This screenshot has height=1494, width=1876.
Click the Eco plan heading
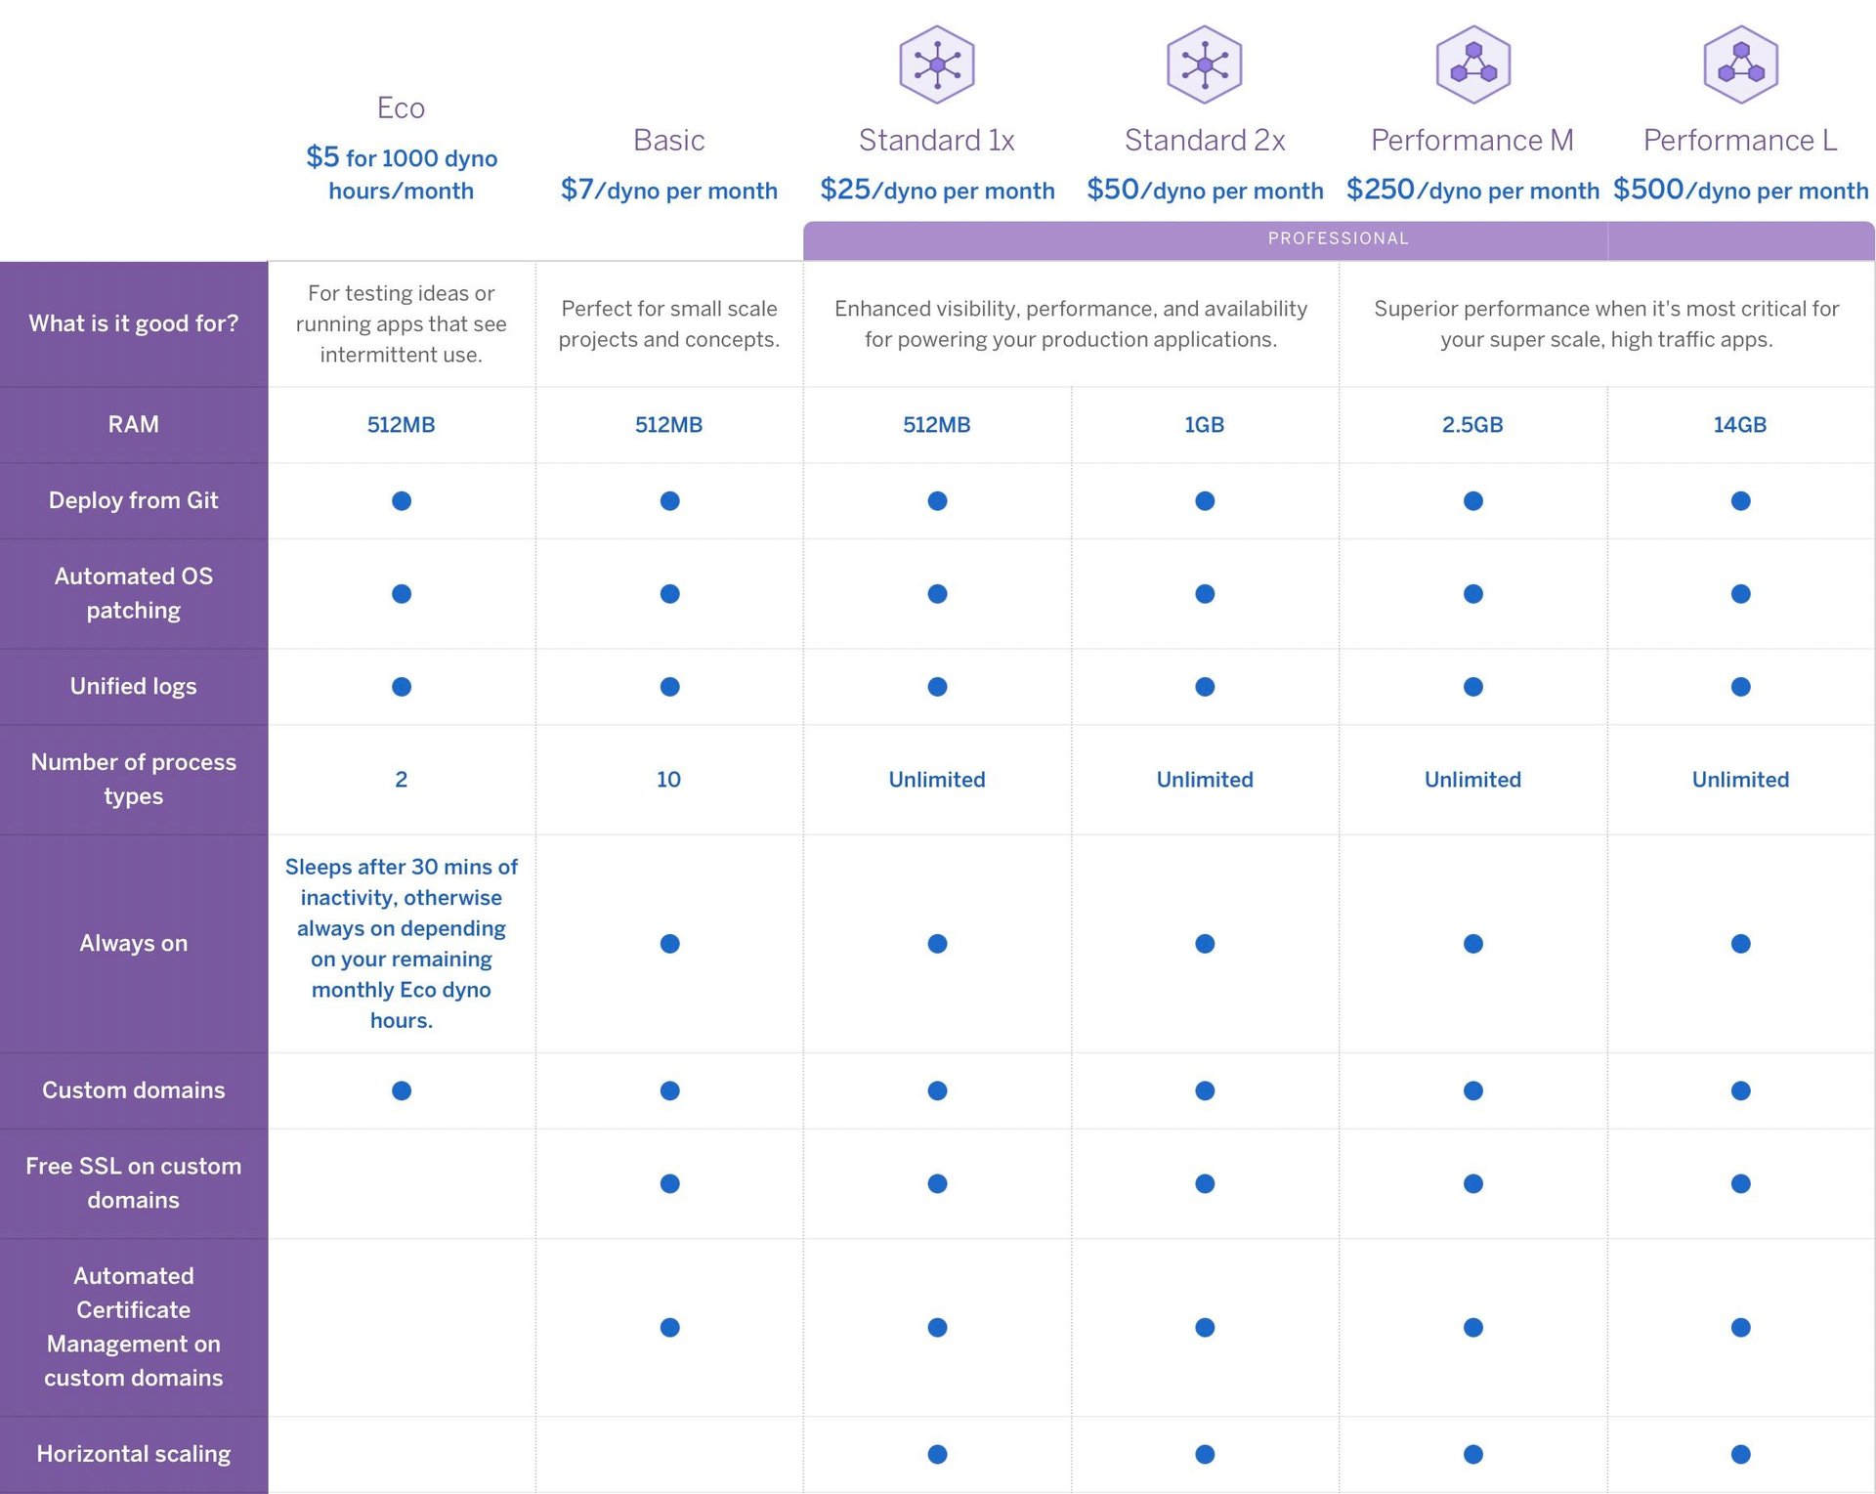click(401, 107)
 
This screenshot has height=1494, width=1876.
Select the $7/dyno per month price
click(668, 190)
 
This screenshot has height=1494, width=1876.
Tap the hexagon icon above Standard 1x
click(936, 64)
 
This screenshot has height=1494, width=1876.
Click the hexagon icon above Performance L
click(1740, 64)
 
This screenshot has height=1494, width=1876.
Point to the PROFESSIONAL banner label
click(1338, 238)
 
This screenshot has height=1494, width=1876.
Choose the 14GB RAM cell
click(1739, 425)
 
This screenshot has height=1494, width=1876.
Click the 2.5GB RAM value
click(1471, 425)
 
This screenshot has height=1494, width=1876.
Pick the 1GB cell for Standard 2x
click(1204, 425)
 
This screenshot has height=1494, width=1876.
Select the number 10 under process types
click(668, 780)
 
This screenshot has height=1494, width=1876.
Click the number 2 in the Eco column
click(401, 780)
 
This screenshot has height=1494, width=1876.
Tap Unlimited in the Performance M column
click(1471, 780)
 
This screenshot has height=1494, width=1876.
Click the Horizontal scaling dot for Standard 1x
click(937, 1454)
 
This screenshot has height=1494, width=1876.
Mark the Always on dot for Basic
click(669, 944)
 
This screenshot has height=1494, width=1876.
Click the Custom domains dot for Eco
click(402, 1090)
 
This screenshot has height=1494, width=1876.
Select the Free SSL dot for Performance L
click(1740, 1183)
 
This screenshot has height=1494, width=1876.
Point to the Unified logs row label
click(133, 687)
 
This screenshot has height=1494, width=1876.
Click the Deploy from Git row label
click(133, 500)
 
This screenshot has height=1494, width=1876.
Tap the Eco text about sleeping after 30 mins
click(401, 943)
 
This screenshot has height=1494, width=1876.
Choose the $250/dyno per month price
click(1471, 190)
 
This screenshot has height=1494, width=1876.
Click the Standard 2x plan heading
click(1204, 141)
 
